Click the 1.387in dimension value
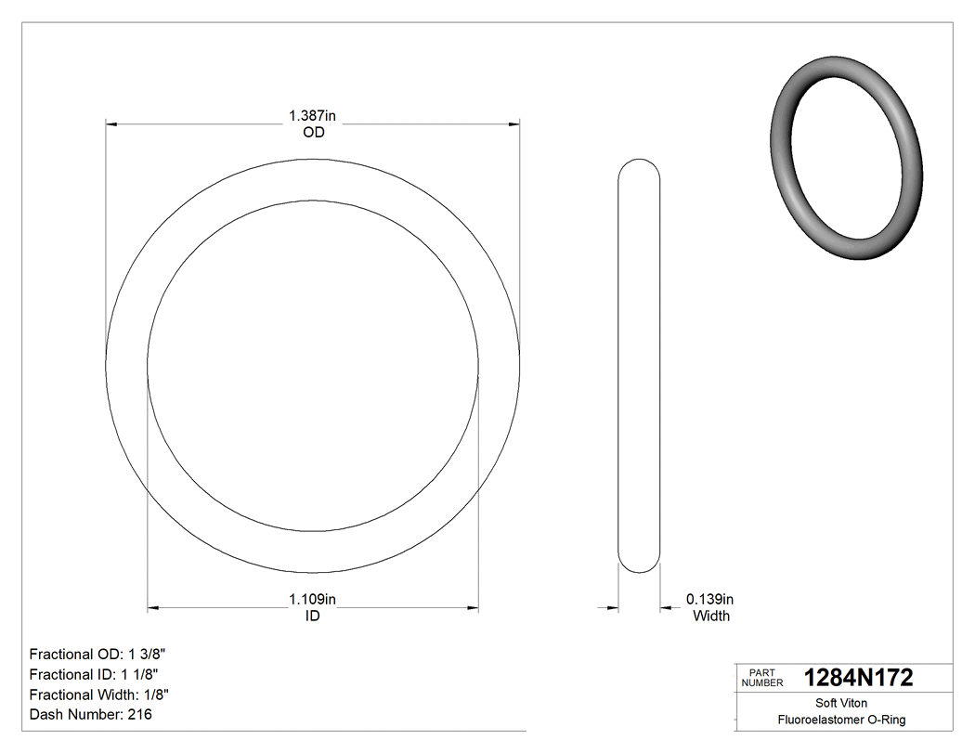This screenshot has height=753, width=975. point(312,116)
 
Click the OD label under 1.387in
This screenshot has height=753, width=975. point(313,133)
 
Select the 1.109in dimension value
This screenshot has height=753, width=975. point(312,600)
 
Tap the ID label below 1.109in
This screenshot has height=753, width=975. point(313,617)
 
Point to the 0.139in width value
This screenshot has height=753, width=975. point(710,600)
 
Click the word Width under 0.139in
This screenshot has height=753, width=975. point(711,617)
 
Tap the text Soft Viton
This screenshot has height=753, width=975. point(841,704)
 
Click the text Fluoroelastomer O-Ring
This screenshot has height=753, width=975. point(841,720)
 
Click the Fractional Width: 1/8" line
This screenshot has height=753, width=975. point(99,695)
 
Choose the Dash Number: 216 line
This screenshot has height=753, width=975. point(91,715)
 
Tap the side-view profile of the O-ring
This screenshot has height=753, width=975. point(639,365)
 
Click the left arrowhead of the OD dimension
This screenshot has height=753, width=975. point(111,123)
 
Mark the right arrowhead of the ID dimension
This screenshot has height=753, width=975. point(473,608)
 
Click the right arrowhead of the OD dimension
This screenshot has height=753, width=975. point(513,123)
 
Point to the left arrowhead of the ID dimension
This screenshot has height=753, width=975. point(154,608)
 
